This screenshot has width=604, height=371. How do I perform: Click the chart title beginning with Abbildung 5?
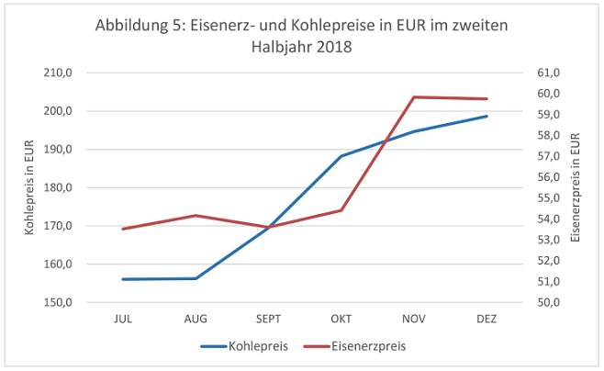[x=302, y=35]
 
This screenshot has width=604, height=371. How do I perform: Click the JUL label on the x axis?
[x=123, y=319]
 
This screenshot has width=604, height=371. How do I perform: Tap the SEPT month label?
[x=268, y=319]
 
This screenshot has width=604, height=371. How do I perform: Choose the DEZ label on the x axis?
[x=487, y=319]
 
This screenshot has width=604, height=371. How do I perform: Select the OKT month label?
[x=341, y=319]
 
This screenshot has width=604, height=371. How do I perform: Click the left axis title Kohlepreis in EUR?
[x=31, y=187]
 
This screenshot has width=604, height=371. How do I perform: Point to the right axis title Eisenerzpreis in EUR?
[x=576, y=187]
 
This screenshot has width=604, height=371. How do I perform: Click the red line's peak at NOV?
[x=414, y=97]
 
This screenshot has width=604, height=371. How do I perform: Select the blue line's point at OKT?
[x=341, y=156]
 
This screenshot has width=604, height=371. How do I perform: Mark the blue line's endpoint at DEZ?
[x=487, y=117]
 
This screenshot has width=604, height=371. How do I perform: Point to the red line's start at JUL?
[x=123, y=229]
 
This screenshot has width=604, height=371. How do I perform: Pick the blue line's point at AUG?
[x=196, y=278]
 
